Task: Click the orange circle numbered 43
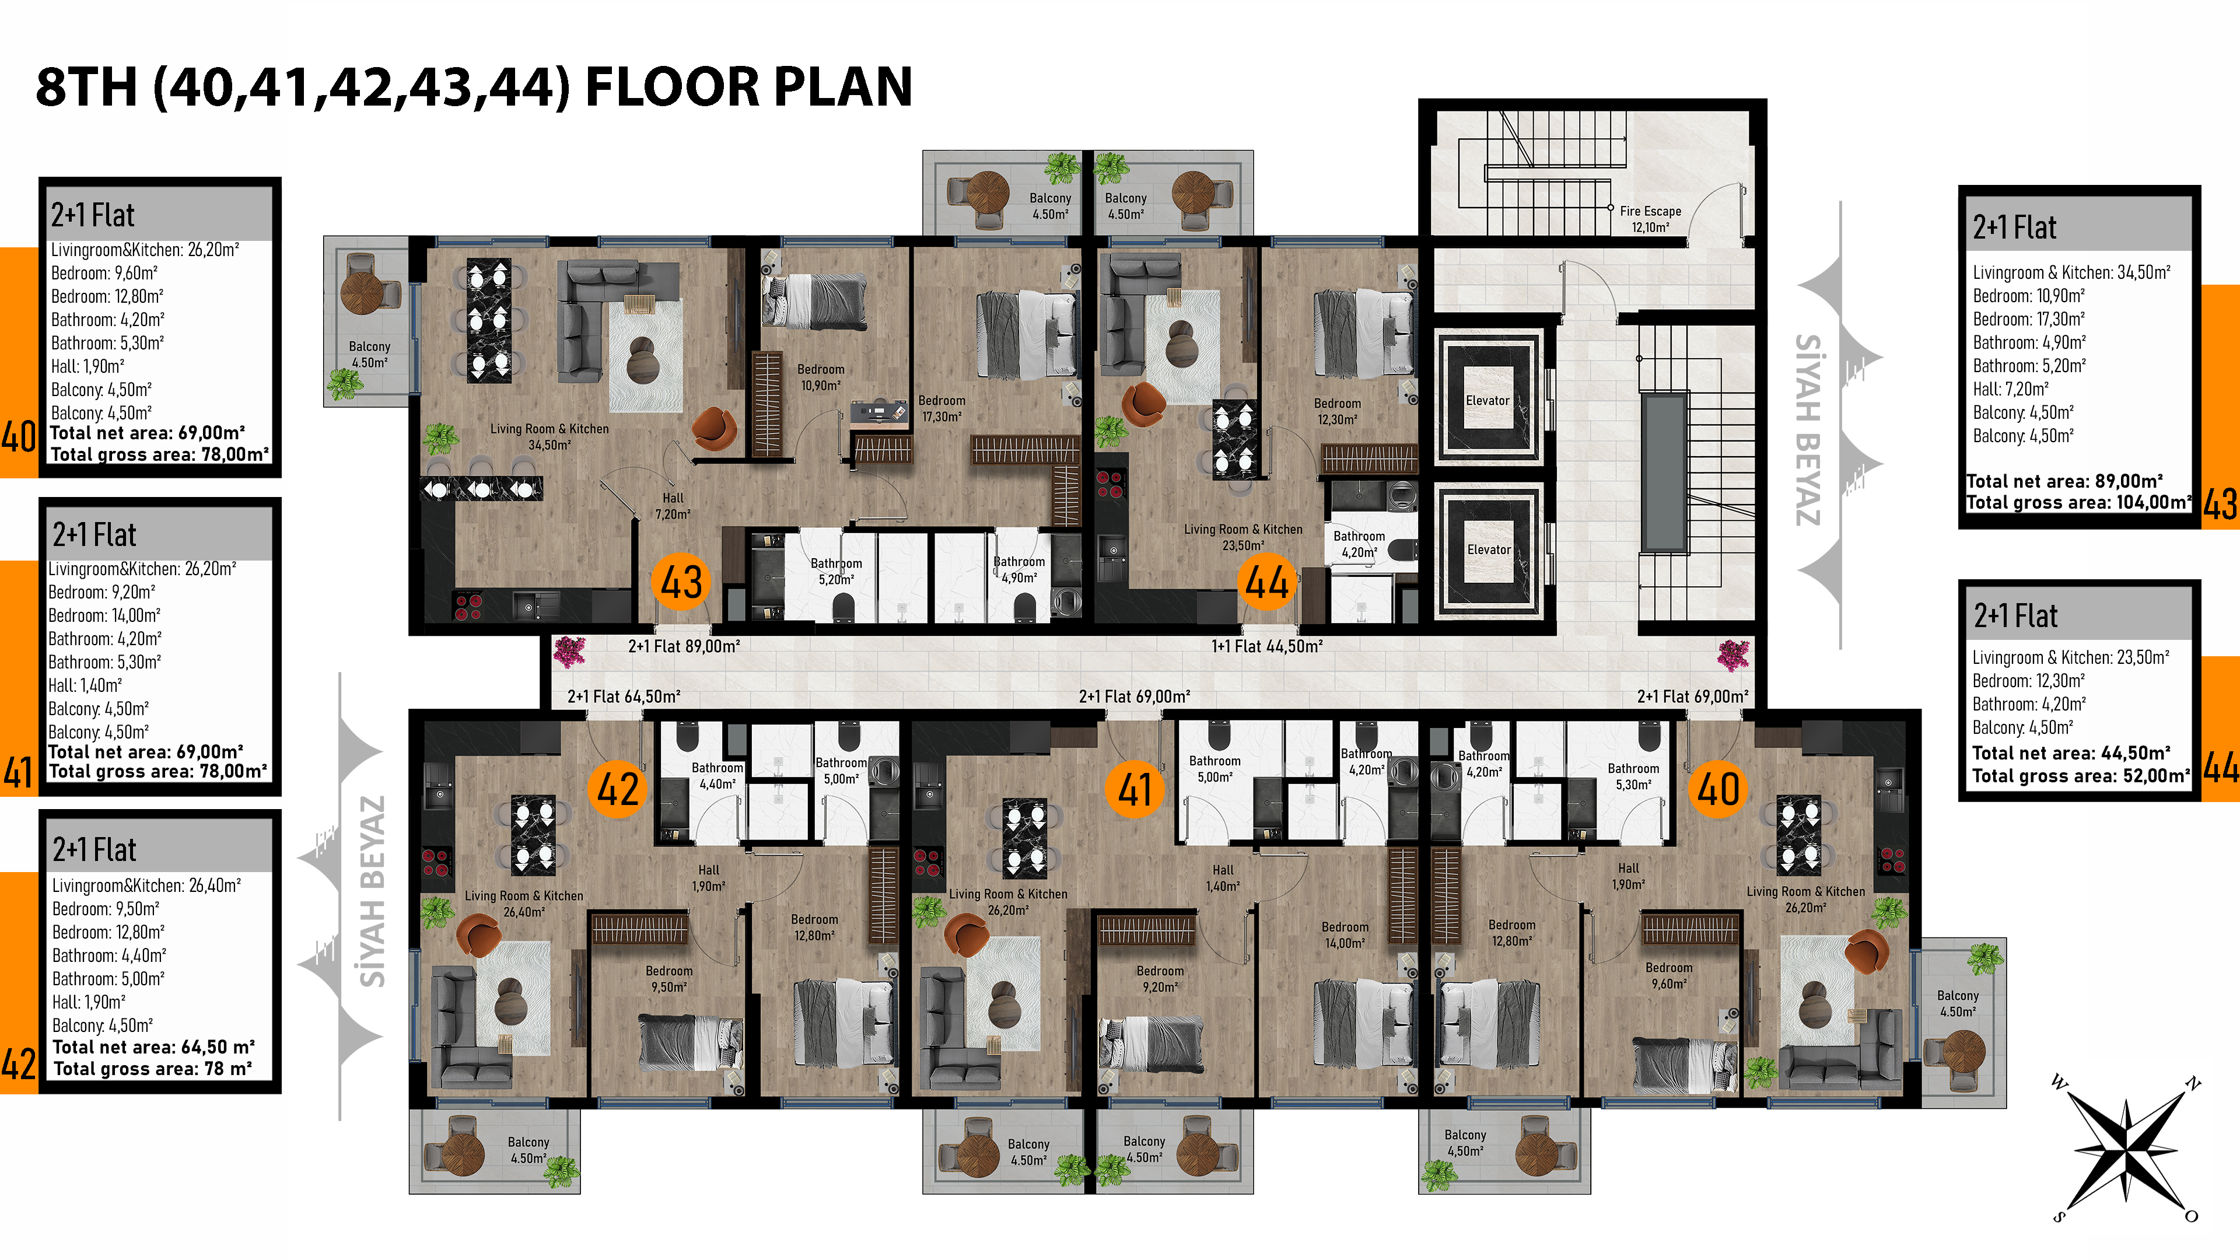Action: tap(681, 582)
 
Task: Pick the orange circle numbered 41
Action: tap(1135, 789)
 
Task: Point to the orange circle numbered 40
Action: tap(1718, 789)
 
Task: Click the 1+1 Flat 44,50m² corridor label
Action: tap(1267, 646)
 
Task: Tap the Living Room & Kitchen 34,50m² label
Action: tap(549, 436)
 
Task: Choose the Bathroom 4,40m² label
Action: tap(717, 776)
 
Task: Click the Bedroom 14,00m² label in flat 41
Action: tap(1345, 935)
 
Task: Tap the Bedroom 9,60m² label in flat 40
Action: tap(1669, 976)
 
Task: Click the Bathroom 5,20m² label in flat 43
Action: tap(836, 571)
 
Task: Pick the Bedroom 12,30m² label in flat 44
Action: tap(1338, 411)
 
